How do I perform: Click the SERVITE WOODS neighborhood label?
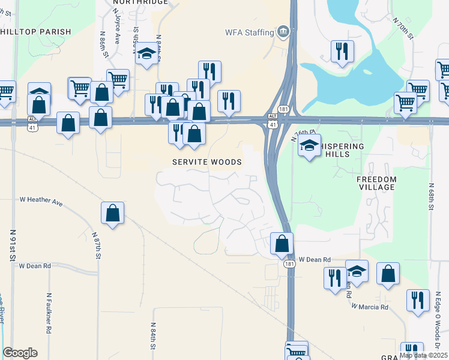[207, 162]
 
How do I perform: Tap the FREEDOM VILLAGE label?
[376, 183]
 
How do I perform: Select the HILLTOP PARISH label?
[36, 32]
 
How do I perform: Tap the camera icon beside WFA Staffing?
[283, 31]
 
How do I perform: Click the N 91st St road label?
[12, 245]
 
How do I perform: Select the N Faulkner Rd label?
[49, 313]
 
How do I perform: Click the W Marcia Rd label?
[370, 307]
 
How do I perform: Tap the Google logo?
[20, 353]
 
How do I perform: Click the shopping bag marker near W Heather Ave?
[113, 214]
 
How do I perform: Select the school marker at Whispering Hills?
[309, 146]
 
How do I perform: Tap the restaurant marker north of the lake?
[342, 52]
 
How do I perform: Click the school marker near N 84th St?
[145, 55]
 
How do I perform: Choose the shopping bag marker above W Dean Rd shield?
[282, 244]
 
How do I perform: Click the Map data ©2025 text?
[423, 355]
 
